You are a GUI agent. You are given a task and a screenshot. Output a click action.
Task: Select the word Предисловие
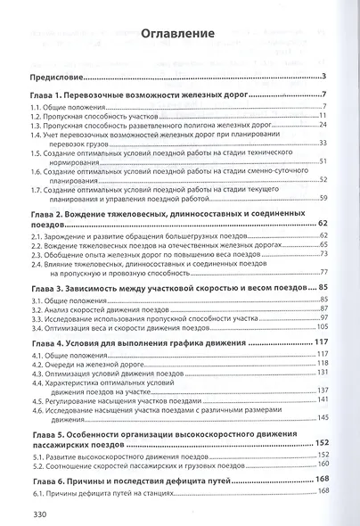click(x=57, y=77)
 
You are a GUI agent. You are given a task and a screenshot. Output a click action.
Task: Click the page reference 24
click(x=325, y=126)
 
